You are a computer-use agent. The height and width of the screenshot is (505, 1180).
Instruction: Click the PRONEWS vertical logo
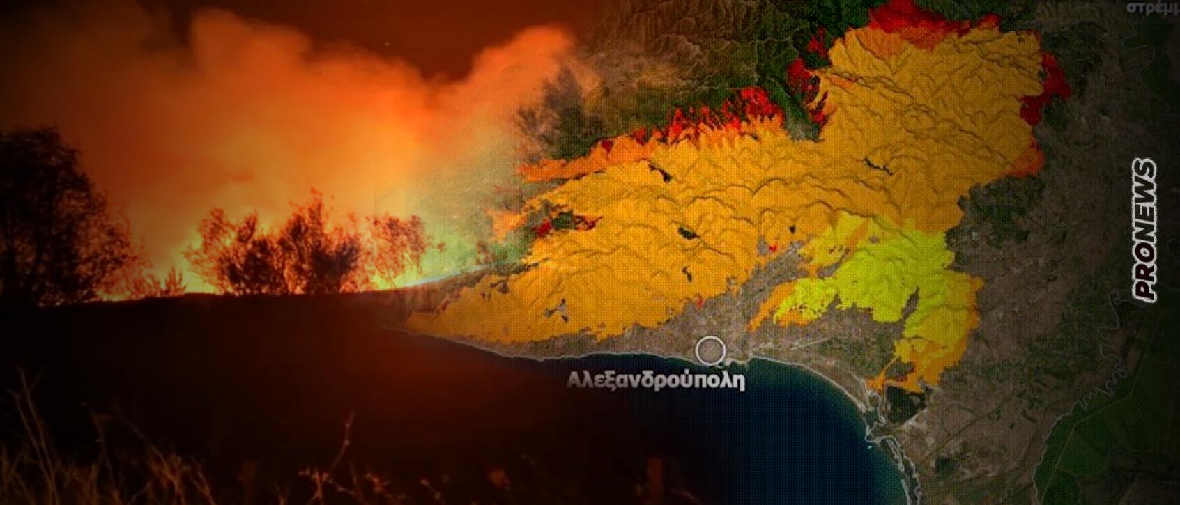point(1146,231)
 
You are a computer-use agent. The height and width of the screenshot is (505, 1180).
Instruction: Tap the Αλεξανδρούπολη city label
point(656,381)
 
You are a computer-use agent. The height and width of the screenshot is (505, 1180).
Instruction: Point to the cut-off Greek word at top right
point(1151,8)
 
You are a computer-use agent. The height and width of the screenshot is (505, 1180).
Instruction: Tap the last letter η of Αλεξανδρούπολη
point(740,382)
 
